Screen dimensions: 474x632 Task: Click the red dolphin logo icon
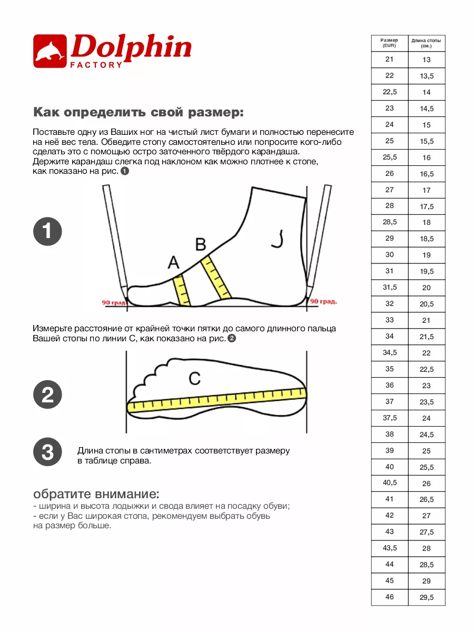[50, 51]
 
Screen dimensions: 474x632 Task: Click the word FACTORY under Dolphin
[96, 65]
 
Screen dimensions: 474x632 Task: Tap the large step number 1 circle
[47, 231]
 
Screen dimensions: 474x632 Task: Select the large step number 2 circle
[47, 394]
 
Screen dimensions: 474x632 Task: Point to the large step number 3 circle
[47, 452]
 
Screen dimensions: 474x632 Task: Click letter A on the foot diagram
[174, 262]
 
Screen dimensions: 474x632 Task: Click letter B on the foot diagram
[201, 244]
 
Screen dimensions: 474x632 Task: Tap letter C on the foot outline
[194, 378]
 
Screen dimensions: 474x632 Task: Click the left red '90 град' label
[114, 302]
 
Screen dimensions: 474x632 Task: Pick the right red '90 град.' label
[323, 301]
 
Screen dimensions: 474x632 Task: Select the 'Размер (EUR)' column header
[389, 43]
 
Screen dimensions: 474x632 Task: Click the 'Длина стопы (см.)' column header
[426, 43]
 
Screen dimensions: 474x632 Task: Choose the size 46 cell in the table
[389, 597]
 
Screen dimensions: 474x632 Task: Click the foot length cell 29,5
[427, 597]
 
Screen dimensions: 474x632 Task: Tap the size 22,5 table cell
[390, 92]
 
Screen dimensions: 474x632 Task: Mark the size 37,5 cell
[390, 418]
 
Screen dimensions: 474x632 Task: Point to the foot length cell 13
[427, 60]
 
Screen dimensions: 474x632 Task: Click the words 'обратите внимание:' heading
[96, 494]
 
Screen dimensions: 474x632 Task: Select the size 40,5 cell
[390, 483]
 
